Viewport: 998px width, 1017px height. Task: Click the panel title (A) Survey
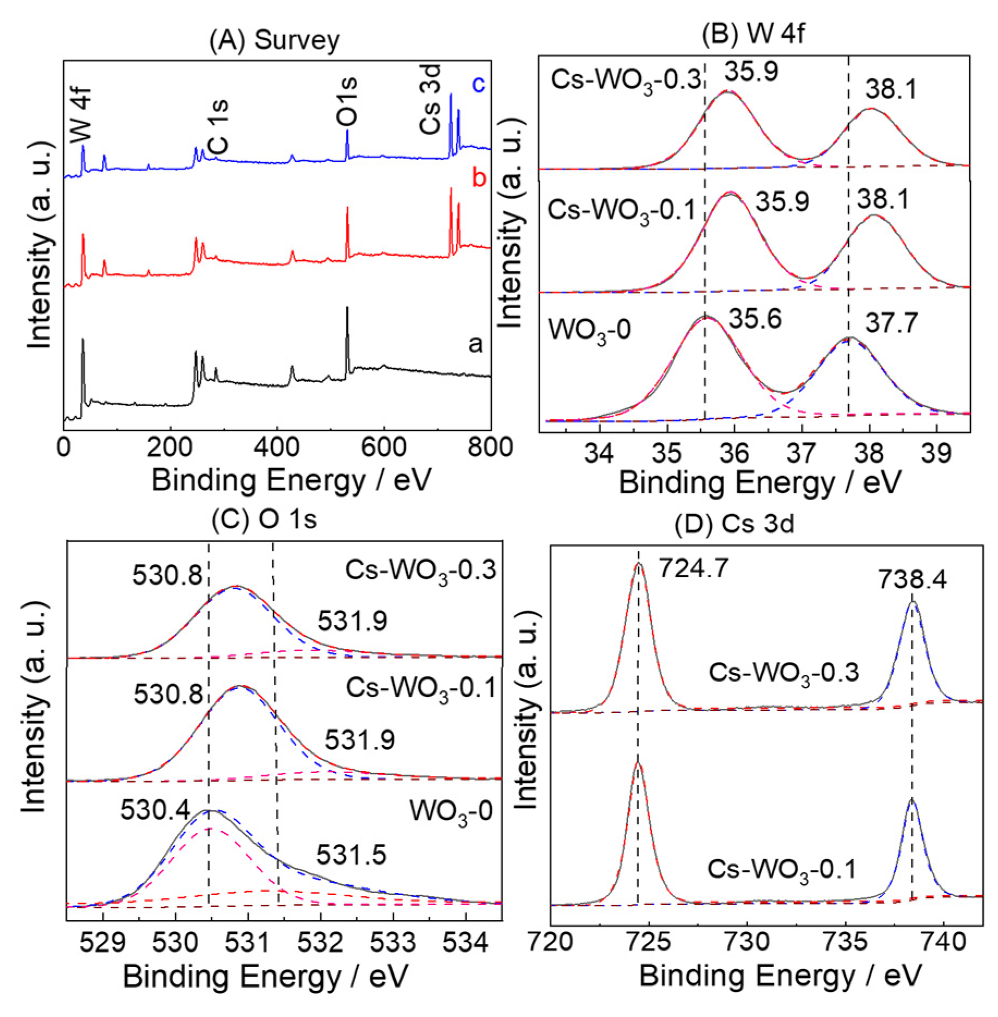click(x=274, y=40)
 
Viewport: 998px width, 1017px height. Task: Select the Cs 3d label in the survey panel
click(x=430, y=99)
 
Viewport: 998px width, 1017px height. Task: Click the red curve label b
click(x=479, y=178)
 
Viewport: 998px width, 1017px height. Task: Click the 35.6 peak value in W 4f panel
click(x=755, y=318)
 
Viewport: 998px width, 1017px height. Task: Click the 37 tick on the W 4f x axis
click(x=802, y=453)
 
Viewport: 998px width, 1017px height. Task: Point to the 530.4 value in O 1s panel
click(x=155, y=810)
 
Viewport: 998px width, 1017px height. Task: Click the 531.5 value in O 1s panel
click(x=351, y=855)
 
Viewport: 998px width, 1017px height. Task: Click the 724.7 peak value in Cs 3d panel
click(x=693, y=568)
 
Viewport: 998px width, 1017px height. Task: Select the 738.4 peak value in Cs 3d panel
click(x=912, y=579)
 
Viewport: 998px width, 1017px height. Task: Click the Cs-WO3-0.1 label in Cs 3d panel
click(x=781, y=870)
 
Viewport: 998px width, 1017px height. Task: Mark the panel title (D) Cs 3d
click(x=734, y=524)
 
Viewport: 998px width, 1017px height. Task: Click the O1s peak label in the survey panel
click(x=347, y=102)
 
